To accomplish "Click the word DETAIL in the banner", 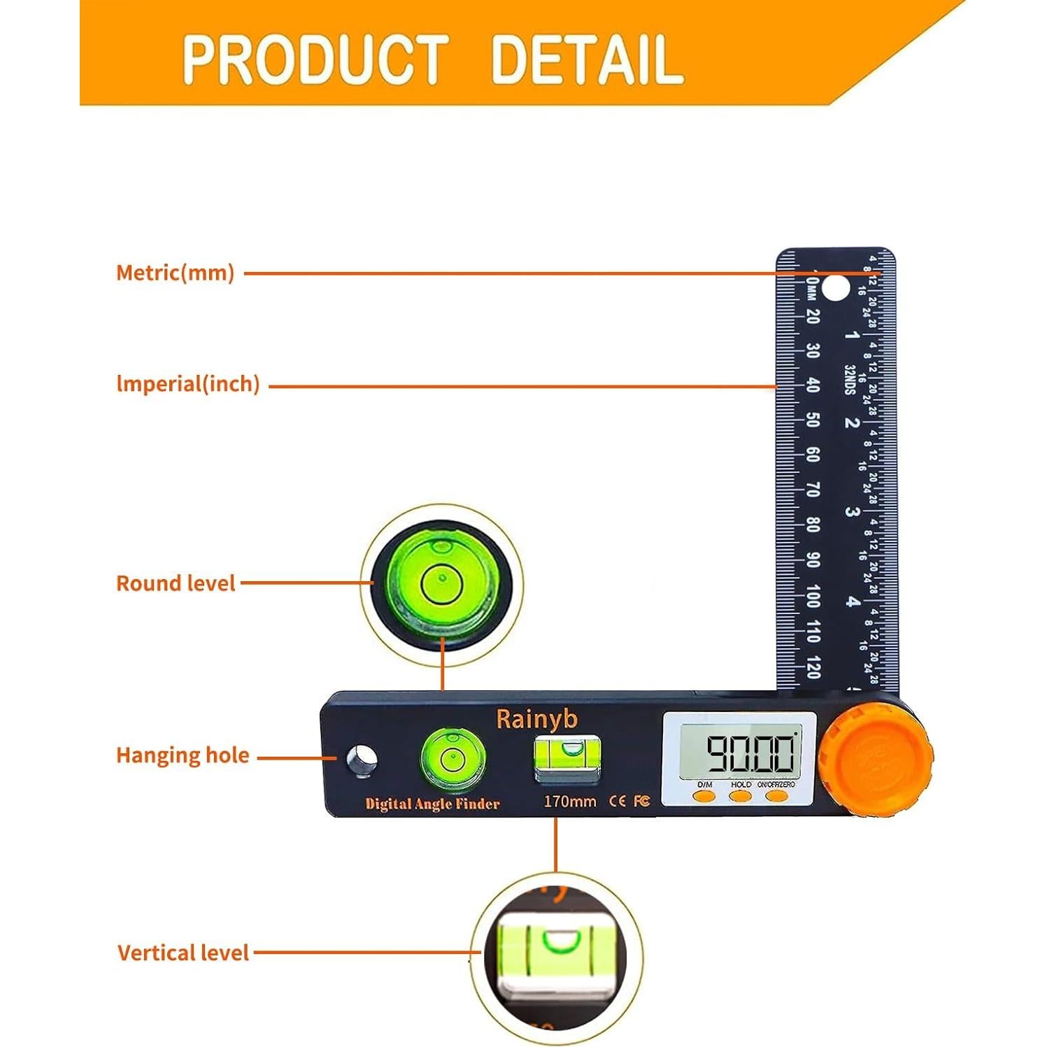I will click(586, 59).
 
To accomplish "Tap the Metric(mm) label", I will click(175, 273).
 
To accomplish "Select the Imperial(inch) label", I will click(188, 384).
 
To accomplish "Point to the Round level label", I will click(176, 583).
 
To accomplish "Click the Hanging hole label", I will click(183, 755).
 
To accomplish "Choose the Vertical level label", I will click(183, 953).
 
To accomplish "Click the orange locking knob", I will click(876, 760).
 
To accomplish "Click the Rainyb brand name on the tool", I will click(536, 719).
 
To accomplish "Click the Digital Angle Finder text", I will click(432, 804).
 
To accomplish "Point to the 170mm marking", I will click(570, 802).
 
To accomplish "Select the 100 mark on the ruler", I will click(813, 597).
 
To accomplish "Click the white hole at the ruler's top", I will click(834, 288).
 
